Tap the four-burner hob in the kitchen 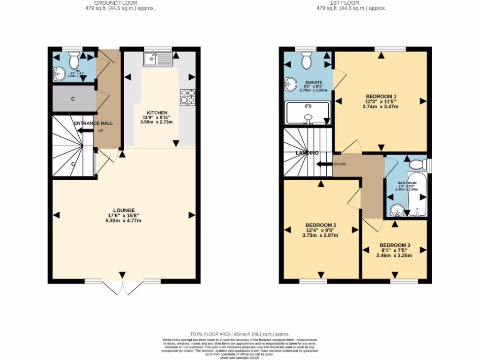tap(187, 97)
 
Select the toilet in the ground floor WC tap(74, 60)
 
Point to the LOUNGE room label tap(124, 210)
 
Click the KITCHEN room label tap(157, 113)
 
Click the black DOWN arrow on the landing tap(323, 165)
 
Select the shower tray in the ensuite tap(307, 113)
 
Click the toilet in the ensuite tap(307, 60)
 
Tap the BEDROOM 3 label tap(395, 245)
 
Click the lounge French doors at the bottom tap(123, 287)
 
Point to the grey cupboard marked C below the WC tap(73, 99)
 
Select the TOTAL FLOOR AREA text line tap(240, 333)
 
